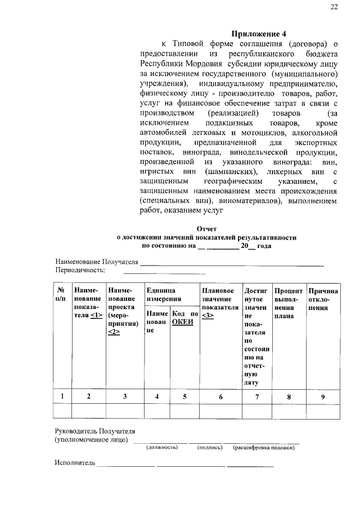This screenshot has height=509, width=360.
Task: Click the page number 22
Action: coord(334,6)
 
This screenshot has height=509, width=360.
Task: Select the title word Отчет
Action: coord(206,229)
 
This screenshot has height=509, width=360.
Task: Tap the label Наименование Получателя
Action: coord(96,262)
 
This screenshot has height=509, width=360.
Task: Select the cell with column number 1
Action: coord(61,397)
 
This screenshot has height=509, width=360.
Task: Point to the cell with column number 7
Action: coord(256,397)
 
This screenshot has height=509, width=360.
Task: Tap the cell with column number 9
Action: coord(322,397)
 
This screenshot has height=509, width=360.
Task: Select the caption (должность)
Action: coord(161,447)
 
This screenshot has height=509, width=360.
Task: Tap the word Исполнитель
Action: coord(75,463)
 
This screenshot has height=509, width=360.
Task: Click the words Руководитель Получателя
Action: coord(95,431)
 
